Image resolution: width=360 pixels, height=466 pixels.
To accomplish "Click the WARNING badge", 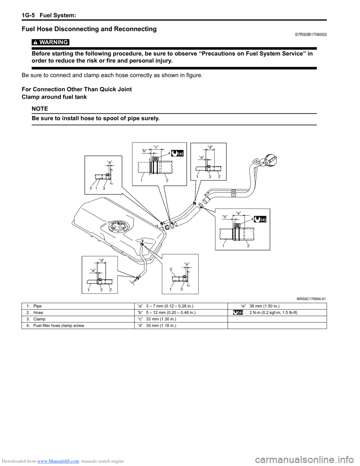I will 50,42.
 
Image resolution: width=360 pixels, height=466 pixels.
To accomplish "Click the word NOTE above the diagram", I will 40,109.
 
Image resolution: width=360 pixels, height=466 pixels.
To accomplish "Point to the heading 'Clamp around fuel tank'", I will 54,97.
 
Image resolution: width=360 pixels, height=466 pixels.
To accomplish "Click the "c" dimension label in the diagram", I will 156,147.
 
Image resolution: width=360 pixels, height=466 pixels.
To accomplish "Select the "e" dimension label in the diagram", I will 238,213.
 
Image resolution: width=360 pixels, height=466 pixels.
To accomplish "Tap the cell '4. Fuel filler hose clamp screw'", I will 55,326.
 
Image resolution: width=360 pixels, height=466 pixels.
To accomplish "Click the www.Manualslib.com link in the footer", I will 58,461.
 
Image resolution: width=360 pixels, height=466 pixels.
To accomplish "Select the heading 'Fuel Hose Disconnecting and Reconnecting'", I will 89,29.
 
